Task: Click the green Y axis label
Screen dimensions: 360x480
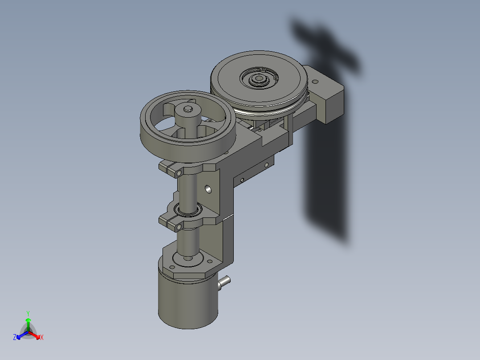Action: [28, 313]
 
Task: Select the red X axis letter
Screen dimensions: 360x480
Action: [42, 337]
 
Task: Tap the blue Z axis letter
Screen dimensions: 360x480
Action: [15, 337]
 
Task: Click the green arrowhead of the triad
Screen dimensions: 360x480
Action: [28, 320]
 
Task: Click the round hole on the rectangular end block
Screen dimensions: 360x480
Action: [316, 82]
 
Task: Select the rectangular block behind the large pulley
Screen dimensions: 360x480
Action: [329, 100]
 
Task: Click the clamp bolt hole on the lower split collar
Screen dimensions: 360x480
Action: [179, 227]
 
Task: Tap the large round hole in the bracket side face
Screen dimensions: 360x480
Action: [207, 189]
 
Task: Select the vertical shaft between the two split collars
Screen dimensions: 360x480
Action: [186, 189]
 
